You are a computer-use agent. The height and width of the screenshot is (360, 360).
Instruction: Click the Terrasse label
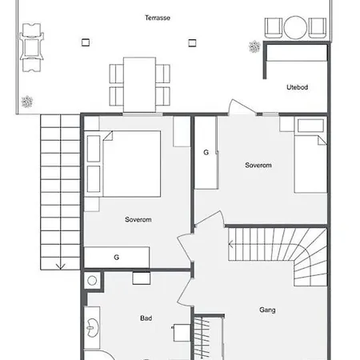pyautogui.click(x=158, y=18)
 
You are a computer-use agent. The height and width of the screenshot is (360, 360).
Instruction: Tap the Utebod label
pyautogui.click(x=297, y=87)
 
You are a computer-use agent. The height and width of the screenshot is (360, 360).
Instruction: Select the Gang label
pyautogui.click(x=267, y=310)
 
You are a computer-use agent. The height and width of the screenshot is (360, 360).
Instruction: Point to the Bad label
pyautogui.click(x=146, y=318)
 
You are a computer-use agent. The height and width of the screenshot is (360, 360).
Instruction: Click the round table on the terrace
pyautogui.click(x=295, y=27)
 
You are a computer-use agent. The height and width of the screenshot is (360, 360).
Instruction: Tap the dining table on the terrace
pyautogui.click(x=139, y=85)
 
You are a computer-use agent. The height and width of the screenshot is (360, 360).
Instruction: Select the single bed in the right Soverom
pyautogui.click(x=310, y=155)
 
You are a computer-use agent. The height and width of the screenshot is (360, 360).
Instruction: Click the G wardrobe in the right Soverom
pyautogui.click(x=206, y=153)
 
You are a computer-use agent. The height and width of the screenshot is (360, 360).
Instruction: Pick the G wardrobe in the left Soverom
pyautogui.click(x=117, y=258)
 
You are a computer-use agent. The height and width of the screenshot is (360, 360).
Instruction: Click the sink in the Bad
pyautogui.click(x=93, y=327)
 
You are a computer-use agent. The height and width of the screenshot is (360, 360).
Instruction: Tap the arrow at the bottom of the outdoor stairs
pyautogui.click(x=61, y=266)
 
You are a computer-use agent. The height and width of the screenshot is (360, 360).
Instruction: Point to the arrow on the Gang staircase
pyautogui.click(x=231, y=244)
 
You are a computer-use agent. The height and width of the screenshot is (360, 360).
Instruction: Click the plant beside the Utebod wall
pyautogui.click(x=254, y=46)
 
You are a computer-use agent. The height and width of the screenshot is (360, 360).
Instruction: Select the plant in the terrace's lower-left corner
pyautogui.click(x=27, y=102)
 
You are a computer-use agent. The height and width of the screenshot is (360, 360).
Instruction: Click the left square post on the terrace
pyautogui.click(x=86, y=42)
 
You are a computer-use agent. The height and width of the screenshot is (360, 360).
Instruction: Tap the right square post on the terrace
pyautogui.click(x=192, y=42)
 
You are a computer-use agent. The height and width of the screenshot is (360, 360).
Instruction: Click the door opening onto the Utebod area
pyautogui.click(x=242, y=107)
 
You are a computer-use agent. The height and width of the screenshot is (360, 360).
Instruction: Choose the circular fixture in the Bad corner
pyautogui.click(x=92, y=281)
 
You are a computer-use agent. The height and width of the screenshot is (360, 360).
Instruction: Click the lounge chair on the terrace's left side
pyautogui.click(x=31, y=47)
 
